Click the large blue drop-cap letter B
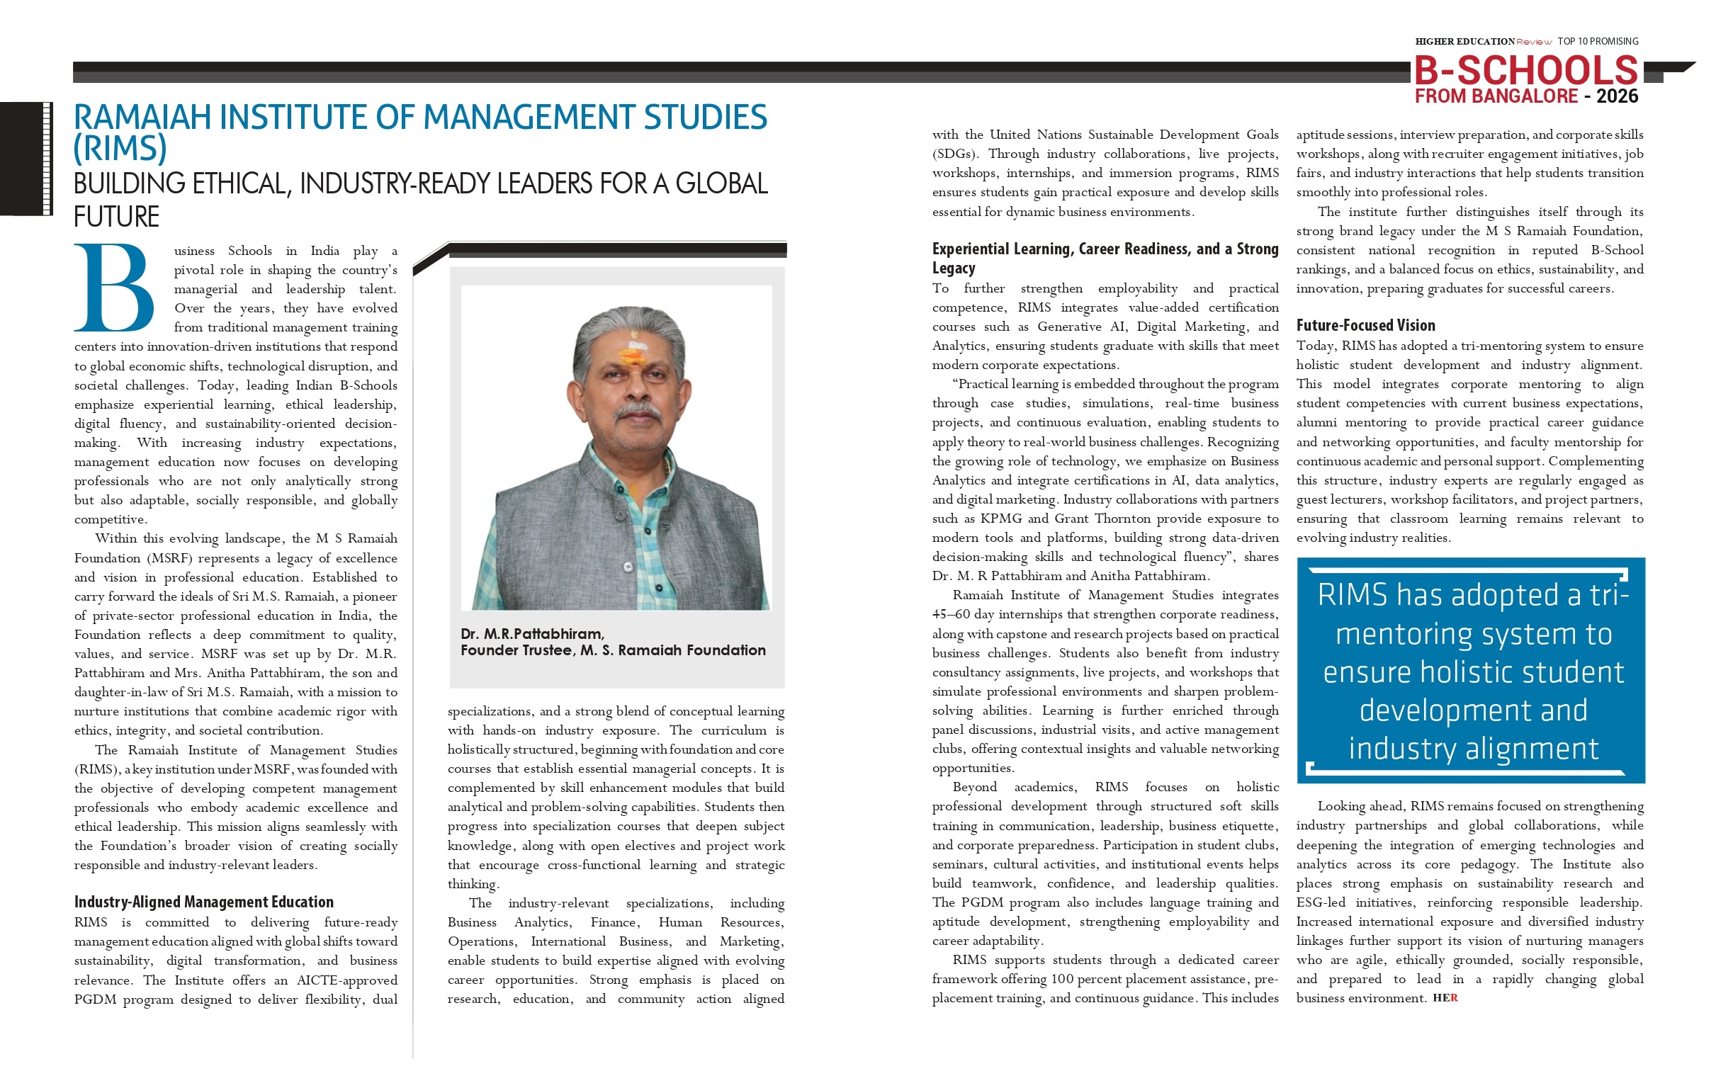coord(114,288)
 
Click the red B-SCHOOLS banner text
coord(1525,71)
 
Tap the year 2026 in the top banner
coord(1617,96)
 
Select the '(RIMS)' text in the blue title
coord(120,148)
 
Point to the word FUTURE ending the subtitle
coord(117,217)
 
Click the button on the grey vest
coord(628,567)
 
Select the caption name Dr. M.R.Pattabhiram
coord(531,633)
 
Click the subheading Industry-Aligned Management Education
coord(204,902)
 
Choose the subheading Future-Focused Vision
coord(1365,326)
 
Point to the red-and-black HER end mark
coord(1445,998)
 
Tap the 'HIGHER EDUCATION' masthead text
coord(1464,41)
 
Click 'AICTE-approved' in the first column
coord(347,980)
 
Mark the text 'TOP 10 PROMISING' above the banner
coord(1598,41)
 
